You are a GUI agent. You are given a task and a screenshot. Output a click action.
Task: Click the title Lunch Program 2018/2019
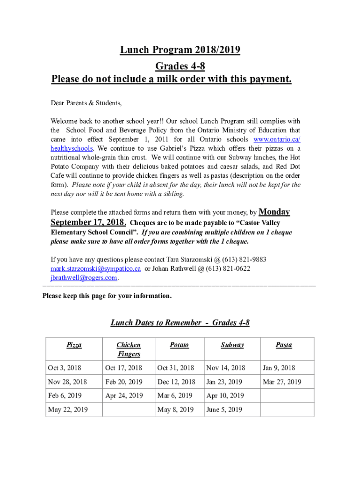tap(180, 50)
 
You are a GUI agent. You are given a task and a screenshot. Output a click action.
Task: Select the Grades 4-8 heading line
tap(180, 65)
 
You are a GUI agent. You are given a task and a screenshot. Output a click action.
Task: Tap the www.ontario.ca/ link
tap(277, 139)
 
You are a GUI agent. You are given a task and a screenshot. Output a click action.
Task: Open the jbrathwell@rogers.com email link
tap(84, 277)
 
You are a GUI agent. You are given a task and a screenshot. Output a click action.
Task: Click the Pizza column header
tap(74, 345)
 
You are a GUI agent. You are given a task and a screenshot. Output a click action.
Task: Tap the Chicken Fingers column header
tap(129, 349)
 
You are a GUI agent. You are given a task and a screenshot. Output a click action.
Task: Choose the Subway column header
tap(232, 345)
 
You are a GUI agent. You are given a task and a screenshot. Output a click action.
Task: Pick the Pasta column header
tap(284, 345)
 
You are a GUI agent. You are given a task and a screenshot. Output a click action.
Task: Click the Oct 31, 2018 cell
tap(176, 368)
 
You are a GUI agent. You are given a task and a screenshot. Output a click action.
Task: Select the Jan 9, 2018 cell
tap(279, 368)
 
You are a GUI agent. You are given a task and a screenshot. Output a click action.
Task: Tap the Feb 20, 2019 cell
tap(124, 382)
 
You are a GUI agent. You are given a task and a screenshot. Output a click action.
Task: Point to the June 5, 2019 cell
tap(224, 410)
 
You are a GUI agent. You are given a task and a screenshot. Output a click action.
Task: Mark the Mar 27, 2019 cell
tap(282, 382)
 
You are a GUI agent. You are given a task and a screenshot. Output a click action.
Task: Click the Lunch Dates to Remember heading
tap(180, 322)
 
